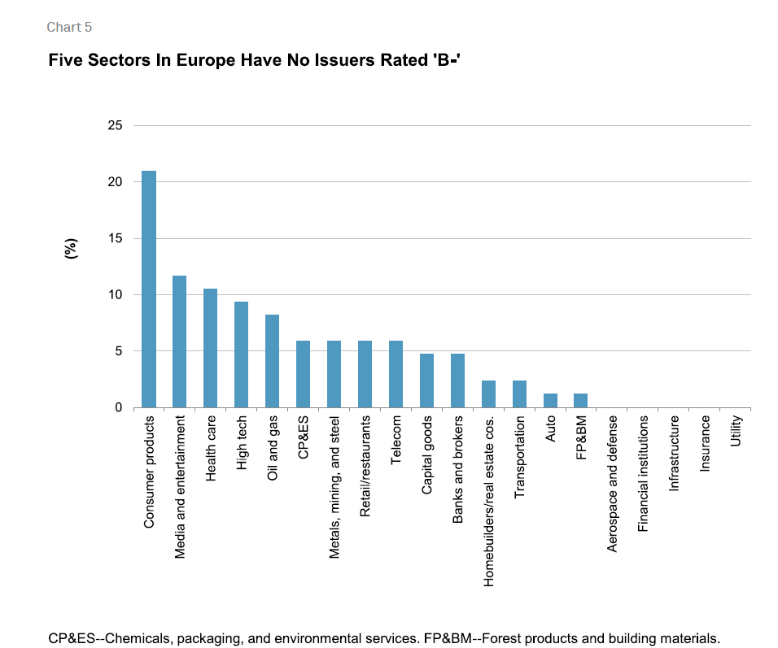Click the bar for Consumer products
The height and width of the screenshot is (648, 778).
click(x=149, y=289)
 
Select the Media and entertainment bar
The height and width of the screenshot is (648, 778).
click(x=180, y=341)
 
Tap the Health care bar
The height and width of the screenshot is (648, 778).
click(x=211, y=348)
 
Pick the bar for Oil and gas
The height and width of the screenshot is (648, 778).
click(x=272, y=361)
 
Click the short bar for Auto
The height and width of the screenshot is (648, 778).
click(x=550, y=401)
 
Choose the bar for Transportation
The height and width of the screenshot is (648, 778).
click(x=519, y=394)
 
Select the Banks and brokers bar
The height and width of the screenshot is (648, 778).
click(x=457, y=381)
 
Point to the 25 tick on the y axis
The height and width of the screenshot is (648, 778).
click(x=115, y=125)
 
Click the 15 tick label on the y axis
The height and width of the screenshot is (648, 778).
click(x=115, y=238)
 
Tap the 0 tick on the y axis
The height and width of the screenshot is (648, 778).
click(x=119, y=407)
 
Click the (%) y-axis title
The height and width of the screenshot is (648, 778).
click(x=72, y=249)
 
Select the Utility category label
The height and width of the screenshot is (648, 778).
click(x=736, y=431)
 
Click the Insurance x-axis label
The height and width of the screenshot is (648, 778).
click(x=705, y=443)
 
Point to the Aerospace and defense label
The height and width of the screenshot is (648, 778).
click(x=612, y=484)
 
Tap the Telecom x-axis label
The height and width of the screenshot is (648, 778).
click(x=396, y=440)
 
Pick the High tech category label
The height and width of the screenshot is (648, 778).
click(x=241, y=443)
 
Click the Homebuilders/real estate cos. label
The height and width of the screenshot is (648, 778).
click(x=489, y=502)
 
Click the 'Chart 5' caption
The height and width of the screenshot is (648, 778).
click(x=69, y=28)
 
